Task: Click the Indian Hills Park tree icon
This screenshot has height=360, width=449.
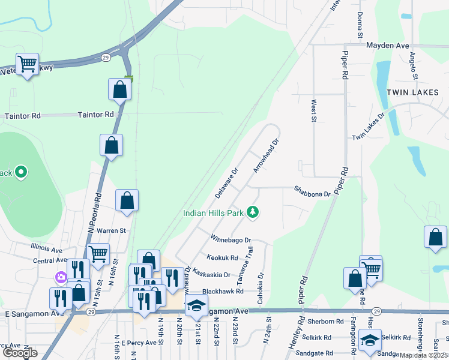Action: [x=253, y=212]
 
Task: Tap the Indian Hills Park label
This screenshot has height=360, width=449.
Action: [x=214, y=212]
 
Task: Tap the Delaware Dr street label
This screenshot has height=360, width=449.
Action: [x=227, y=184]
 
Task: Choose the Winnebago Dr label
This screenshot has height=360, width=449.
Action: [x=229, y=239]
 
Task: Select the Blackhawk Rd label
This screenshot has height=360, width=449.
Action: [x=222, y=291]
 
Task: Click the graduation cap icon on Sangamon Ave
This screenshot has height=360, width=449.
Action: [x=196, y=305]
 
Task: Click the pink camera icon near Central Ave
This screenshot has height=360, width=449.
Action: [x=61, y=277]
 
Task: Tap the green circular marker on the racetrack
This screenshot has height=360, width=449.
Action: [x=21, y=173]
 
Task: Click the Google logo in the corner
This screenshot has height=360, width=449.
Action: [x=20, y=353]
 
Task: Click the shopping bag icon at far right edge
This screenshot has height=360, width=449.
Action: [x=435, y=237]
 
